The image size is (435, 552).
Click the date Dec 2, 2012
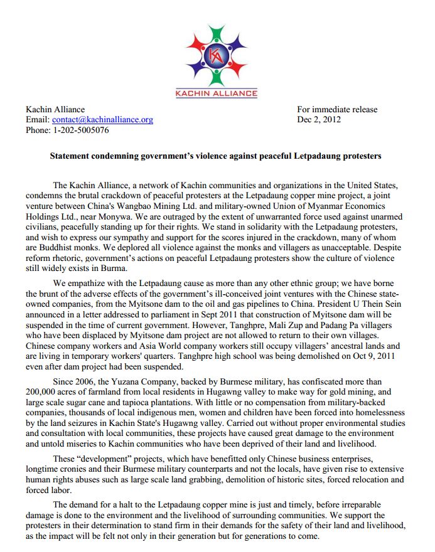[x=319, y=120]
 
